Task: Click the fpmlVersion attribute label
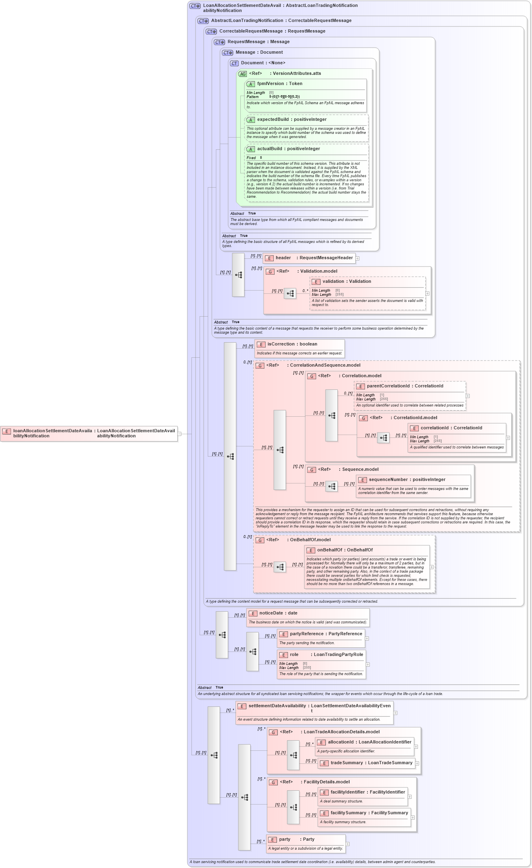[270, 83]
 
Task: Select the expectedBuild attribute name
[273, 119]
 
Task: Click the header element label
[283, 258]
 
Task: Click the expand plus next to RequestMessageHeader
[357, 258]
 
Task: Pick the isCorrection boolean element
[281, 344]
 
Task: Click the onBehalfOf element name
[330, 550]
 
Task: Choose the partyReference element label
[306, 634]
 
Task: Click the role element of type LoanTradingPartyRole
[294, 654]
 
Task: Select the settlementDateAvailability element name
[277, 706]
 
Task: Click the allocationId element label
[341, 742]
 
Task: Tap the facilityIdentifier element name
[347, 792]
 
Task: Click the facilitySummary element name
[348, 813]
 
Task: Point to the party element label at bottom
[285, 839]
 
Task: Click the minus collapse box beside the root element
[179, 434]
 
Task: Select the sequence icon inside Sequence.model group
[332, 486]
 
